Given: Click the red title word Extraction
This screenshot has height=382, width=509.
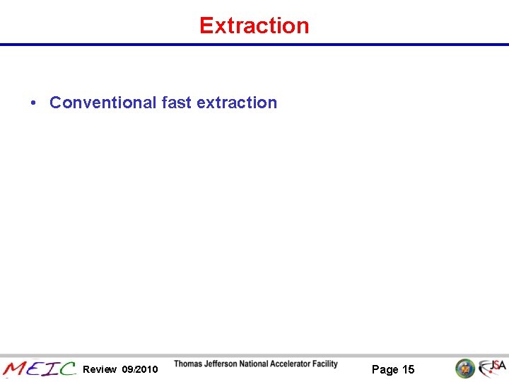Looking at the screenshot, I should (255, 25).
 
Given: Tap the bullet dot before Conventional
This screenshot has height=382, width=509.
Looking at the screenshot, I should (33, 103).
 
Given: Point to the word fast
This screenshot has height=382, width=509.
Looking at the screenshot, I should (176, 103).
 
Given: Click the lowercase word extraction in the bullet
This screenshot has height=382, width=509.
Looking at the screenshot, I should (237, 103).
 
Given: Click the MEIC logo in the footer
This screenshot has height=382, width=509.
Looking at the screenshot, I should (40, 369).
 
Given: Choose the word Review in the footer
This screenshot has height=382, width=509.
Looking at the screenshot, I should (100, 369).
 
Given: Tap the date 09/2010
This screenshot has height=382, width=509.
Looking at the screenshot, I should (140, 369).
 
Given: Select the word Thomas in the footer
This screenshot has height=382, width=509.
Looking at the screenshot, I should (189, 364).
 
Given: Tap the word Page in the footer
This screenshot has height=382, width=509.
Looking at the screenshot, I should (385, 369).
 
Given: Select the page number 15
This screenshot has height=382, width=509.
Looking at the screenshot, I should (409, 369).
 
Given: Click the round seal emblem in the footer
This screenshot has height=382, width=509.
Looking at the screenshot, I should (464, 368).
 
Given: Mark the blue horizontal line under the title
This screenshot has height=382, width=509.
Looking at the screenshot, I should (255, 45).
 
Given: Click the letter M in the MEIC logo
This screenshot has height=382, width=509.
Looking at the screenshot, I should (15, 369).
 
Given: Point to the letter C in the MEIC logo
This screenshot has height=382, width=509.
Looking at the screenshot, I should (68, 369).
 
